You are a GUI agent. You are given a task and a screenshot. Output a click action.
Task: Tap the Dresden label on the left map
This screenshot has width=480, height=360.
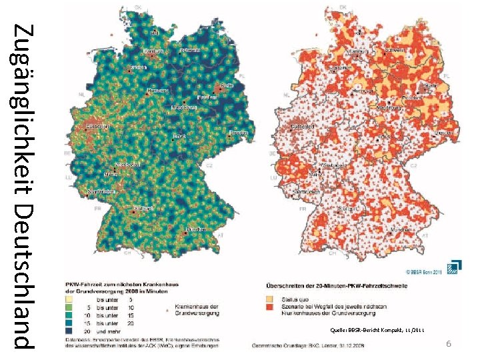pos(238,133)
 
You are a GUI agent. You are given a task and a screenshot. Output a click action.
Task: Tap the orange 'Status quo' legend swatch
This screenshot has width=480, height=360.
pos(271,299)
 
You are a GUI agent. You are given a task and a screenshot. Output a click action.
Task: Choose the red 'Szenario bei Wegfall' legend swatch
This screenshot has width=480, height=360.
pos(271,307)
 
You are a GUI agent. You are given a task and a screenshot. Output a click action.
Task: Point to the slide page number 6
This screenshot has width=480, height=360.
pos(449,343)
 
